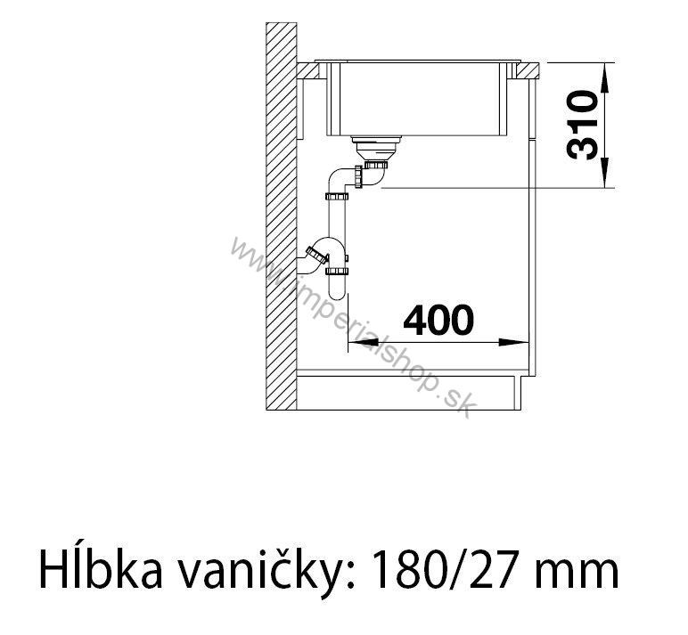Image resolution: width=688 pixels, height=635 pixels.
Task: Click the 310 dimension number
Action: coord(582,125)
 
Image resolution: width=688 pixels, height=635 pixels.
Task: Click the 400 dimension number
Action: coord(438,320)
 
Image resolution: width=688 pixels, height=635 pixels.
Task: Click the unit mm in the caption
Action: coord(579,574)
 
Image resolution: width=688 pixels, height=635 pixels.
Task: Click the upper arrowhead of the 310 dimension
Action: coord(604,78)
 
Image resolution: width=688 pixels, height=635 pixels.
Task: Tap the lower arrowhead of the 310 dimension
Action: coord(604,173)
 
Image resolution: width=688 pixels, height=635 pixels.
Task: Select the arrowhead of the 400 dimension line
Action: coord(513,343)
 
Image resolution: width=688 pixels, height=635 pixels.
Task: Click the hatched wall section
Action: coord(282,216)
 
